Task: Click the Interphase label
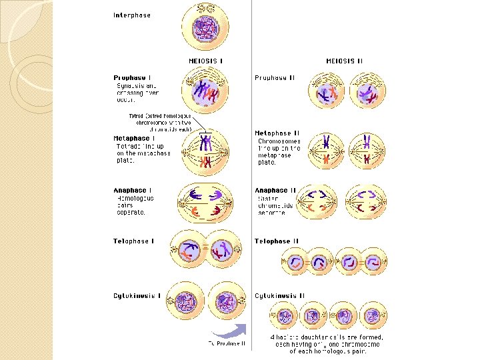132,15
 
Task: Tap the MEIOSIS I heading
206,61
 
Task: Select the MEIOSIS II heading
344,61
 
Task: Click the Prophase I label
130,78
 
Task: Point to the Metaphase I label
135,139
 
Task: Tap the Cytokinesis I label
137,295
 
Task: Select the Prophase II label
275,78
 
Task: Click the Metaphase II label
277,133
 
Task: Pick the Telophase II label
277,241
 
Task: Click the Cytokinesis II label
279,295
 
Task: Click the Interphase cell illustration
205,29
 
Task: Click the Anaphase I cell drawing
205,202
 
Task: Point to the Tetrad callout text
160,123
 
